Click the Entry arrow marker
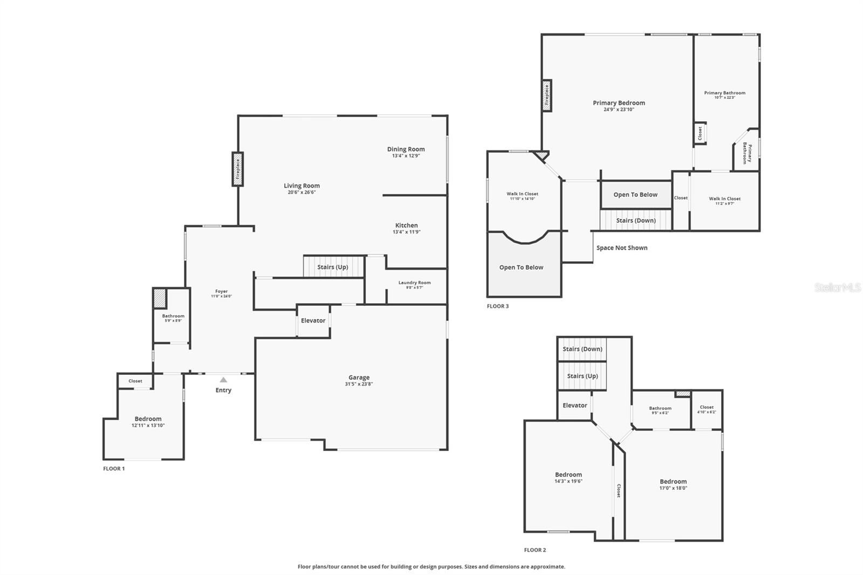(223, 380)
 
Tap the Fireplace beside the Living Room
(237, 169)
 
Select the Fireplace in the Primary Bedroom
(546, 96)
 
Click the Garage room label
(359, 378)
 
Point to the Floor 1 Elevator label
(313, 320)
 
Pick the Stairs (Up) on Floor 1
(333, 267)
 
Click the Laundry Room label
(414, 283)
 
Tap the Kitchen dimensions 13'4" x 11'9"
(406, 232)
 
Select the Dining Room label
(406, 149)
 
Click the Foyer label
(221, 291)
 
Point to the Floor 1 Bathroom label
(173, 316)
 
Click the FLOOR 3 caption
(497, 306)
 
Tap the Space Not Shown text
(622, 248)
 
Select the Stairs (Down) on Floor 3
(636, 221)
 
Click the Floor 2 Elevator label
(574, 406)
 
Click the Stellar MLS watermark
(837, 288)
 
